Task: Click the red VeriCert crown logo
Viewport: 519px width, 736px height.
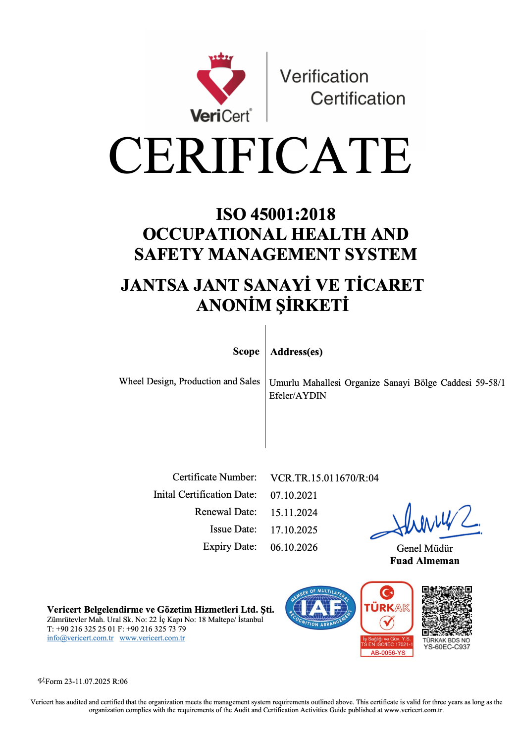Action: (x=221, y=79)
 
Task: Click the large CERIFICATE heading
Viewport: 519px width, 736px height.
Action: (x=259, y=156)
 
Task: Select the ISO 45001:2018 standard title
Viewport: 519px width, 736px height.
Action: (x=275, y=214)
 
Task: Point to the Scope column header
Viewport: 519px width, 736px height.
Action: (x=246, y=351)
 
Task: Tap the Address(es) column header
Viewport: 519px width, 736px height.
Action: (x=296, y=352)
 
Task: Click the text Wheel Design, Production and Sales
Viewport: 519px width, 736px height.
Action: (x=189, y=381)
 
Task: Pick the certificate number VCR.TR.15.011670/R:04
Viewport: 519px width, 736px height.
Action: (x=324, y=478)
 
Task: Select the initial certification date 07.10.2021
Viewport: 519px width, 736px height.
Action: (x=294, y=495)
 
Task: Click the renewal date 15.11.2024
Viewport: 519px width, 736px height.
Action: (x=294, y=513)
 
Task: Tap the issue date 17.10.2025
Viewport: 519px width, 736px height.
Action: (x=294, y=530)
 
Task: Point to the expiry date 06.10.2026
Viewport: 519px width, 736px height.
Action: (x=294, y=547)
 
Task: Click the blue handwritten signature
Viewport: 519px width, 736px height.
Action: (x=426, y=523)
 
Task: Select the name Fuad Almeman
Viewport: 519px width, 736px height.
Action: (x=424, y=561)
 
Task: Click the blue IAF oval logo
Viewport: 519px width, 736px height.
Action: (x=321, y=608)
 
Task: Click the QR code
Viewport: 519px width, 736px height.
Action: (x=447, y=611)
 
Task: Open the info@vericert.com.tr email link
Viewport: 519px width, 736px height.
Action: (x=80, y=638)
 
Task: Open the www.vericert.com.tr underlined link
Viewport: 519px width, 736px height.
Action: (x=152, y=638)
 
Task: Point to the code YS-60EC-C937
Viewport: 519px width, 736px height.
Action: (x=447, y=647)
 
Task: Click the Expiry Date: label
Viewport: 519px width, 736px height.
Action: (x=230, y=546)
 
